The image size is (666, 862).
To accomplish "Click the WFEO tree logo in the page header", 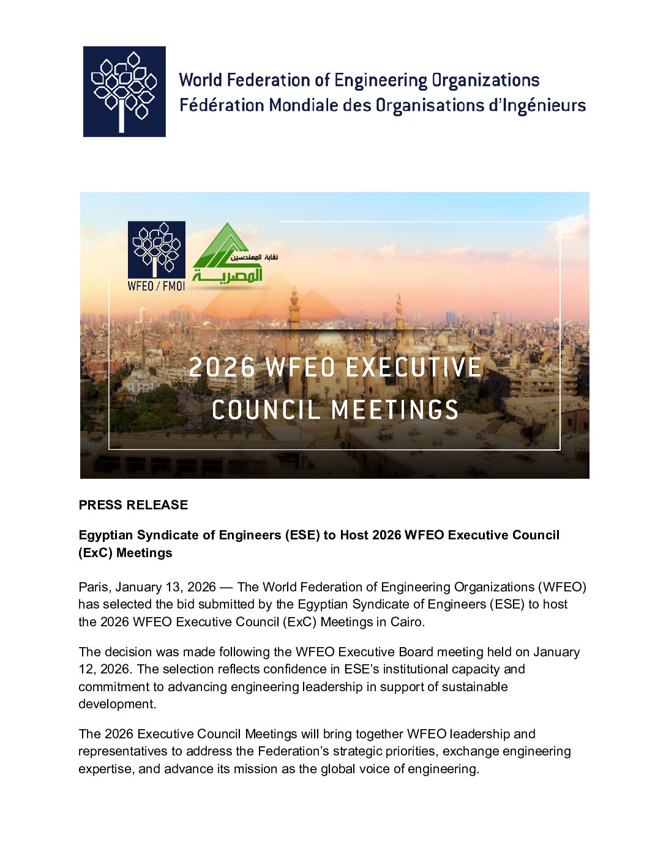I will pos(124,91).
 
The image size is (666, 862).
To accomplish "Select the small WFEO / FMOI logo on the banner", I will pos(156,256).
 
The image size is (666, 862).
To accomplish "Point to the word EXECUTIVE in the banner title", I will pos(414,367).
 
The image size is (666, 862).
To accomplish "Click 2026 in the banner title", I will pos(222,367).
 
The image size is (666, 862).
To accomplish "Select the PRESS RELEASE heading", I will pos(133,505).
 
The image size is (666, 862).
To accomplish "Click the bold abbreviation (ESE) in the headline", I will pos(302,535).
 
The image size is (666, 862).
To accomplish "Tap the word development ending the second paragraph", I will pos(116,704).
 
